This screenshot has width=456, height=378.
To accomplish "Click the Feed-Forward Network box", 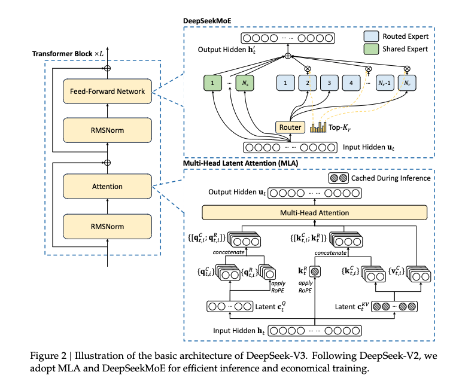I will click(108, 91).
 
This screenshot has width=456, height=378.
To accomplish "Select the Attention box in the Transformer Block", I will click(108, 187).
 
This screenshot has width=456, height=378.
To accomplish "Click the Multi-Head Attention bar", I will click(315, 212).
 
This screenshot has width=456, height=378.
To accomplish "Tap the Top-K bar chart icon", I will click(318, 127).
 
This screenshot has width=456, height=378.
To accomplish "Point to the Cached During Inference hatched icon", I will click(338, 178).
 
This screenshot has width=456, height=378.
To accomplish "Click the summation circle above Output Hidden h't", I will click(288, 56).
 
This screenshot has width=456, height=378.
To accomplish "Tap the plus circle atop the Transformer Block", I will click(108, 69).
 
